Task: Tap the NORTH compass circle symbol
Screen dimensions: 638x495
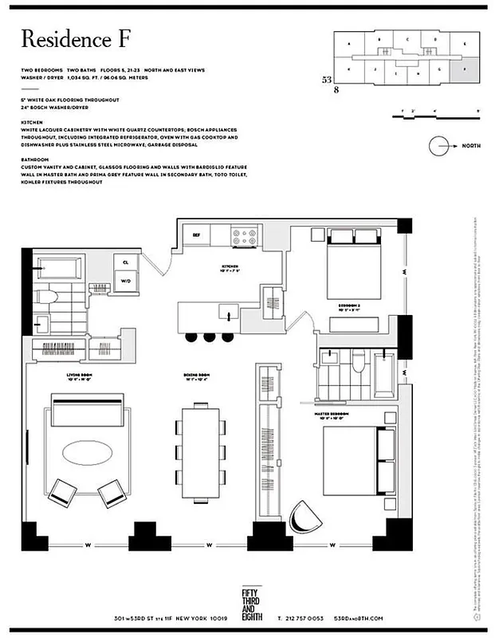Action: (x=441, y=147)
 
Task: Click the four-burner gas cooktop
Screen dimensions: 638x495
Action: (x=244, y=236)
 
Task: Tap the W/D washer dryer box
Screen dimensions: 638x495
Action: (x=126, y=281)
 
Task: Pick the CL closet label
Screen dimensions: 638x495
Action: (x=126, y=261)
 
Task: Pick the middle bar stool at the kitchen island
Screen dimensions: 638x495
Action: (x=210, y=337)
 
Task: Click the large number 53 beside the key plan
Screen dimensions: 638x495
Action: (x=327, y=80)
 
